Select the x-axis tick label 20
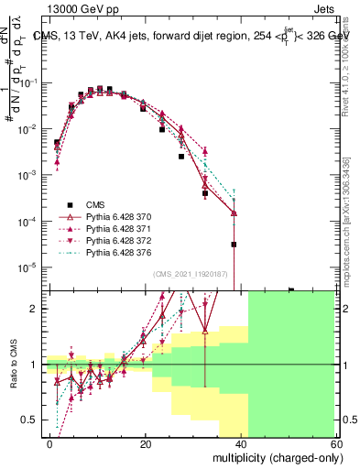coord(146,443)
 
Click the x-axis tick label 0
coord(50,443)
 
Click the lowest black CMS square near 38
coord(235,245)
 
